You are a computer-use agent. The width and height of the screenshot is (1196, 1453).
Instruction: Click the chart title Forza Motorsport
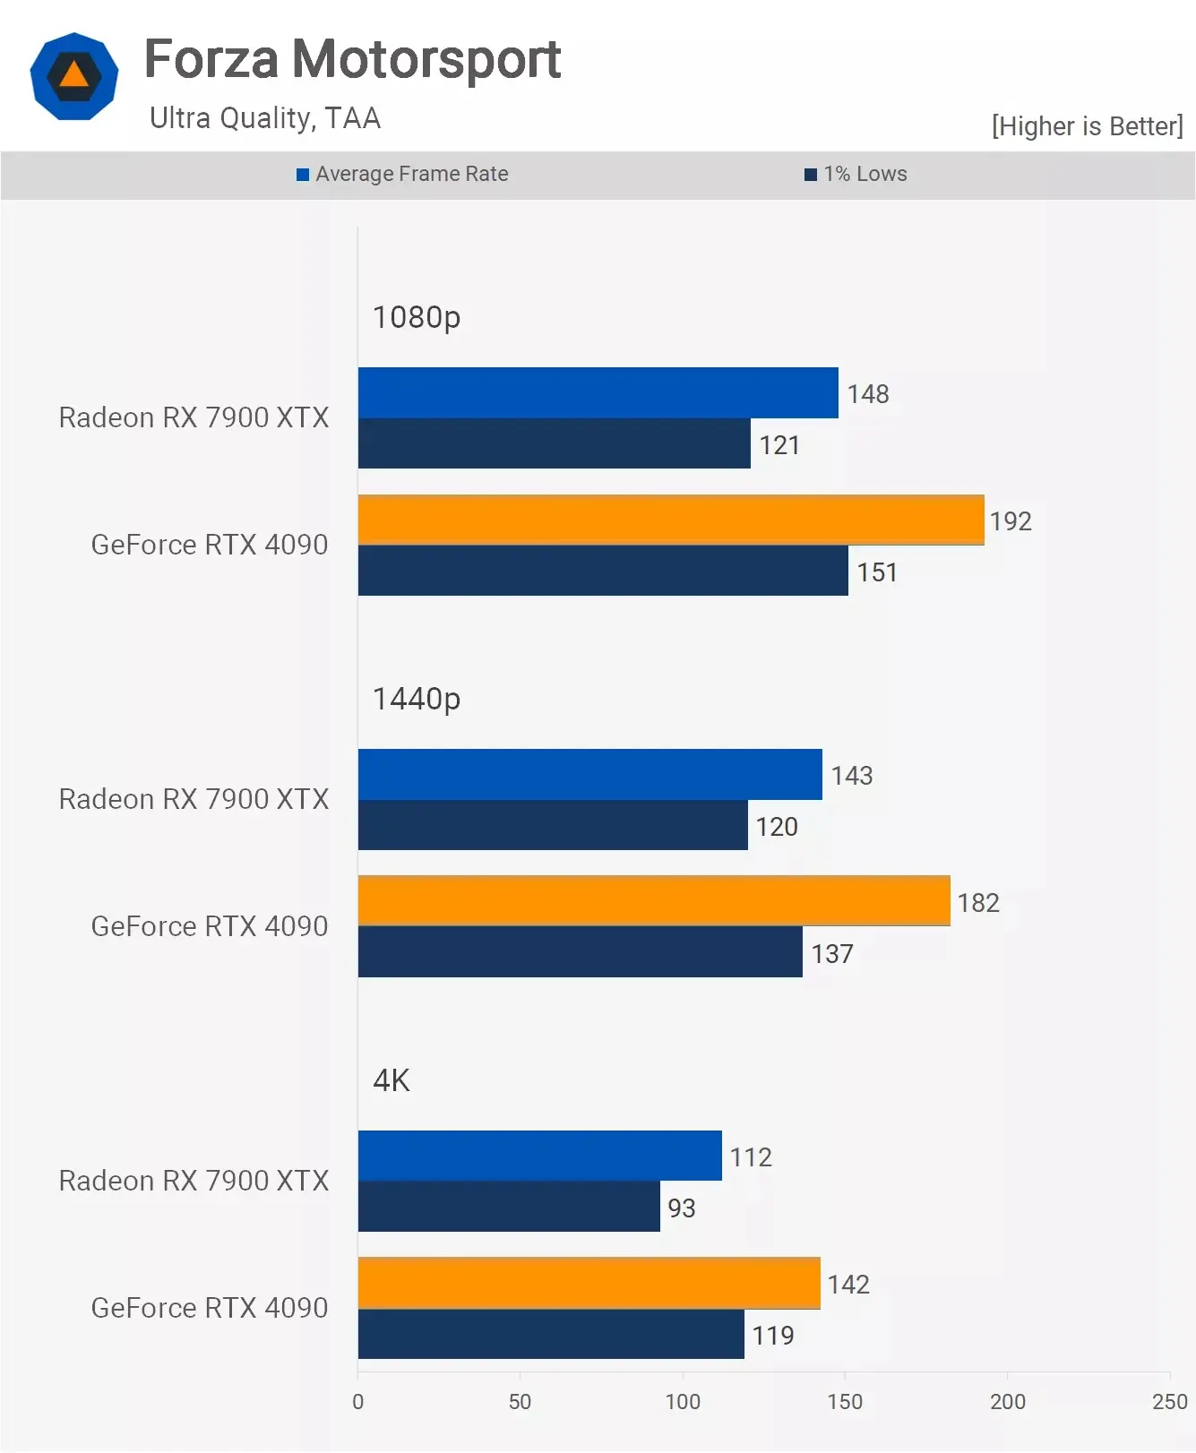click(x=352, y=59)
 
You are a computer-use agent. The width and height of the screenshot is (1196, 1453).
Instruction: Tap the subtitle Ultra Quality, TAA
click(x=265, y=118)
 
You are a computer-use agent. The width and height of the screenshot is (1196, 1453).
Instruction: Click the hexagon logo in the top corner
click(x=73, y=76)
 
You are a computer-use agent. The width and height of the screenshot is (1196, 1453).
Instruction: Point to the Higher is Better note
click(x=1087, y=126)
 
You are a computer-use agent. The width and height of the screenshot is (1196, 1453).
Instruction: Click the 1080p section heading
click(x=417, y=317)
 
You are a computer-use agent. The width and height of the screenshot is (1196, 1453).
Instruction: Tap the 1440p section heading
click(x=417, y=699)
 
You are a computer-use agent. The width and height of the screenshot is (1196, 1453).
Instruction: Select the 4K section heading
click(x=391, y=1080)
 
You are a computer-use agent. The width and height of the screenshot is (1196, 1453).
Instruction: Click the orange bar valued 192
click(x=670, y=520)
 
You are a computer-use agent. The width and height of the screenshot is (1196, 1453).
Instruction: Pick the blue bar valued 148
click(x=598, y=392)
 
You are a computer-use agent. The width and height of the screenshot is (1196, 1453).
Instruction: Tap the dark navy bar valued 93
click(x=509, y=1207)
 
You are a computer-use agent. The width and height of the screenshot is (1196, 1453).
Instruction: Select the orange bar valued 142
click(x=589, y=1283)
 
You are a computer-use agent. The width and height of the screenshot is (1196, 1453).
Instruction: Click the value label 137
click(x=832, y=953)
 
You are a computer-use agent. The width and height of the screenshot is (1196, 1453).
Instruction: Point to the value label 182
click(x=978, y=902)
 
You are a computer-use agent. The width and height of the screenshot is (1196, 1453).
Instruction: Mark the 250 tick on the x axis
click(x=1169, y=1401)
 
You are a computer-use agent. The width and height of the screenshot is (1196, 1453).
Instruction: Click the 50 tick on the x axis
click(x=520, y=1401)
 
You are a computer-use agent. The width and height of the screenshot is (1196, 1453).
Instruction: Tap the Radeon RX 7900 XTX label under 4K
click(x=194, y=1181)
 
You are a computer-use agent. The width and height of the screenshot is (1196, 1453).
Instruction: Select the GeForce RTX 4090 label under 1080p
click(x=210, y=545)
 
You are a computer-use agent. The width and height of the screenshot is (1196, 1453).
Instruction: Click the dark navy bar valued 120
click(x=553, y=825)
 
